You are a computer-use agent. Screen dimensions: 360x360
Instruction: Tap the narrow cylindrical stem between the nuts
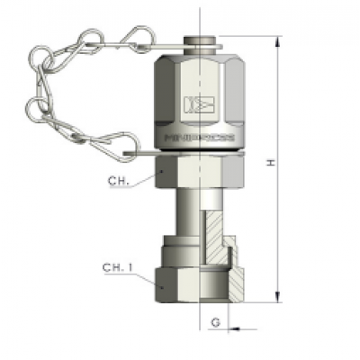[x=184, y=211]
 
